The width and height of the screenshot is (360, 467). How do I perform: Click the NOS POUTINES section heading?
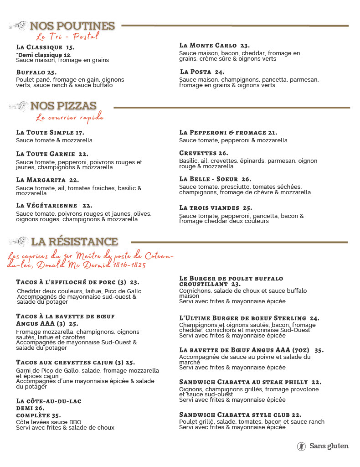point(72,26)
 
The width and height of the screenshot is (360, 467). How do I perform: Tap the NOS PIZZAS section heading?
point(63,106)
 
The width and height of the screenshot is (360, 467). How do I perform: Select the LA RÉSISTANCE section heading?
point(74,241)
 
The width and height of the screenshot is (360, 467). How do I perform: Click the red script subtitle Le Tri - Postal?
point(67,36)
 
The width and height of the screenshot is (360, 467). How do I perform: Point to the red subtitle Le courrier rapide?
point(70,118)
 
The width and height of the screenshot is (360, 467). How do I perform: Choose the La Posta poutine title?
point(202,72)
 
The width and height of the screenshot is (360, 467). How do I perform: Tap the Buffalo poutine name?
point(36,72)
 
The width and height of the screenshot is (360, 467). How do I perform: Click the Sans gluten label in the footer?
point(329,446)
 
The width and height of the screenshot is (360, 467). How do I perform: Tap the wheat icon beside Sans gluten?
point(301,446)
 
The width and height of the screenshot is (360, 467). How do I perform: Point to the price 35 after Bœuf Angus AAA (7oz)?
point(319,350)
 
